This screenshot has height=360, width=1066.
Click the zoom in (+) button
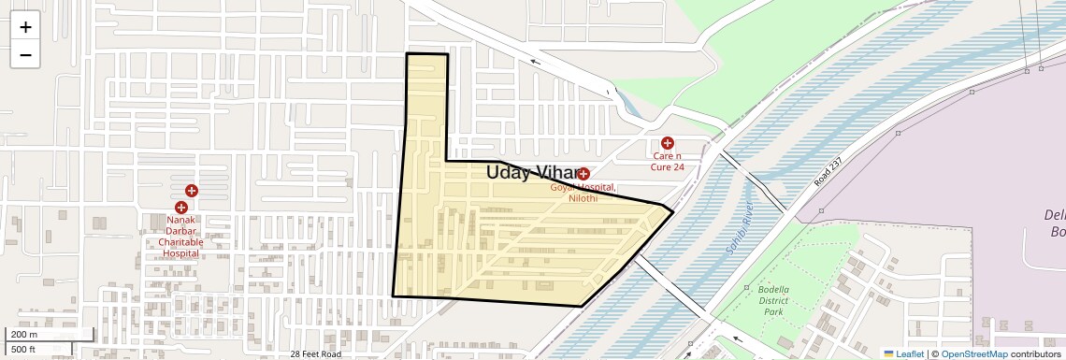[25, 27]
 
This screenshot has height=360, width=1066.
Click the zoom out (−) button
[25, 54]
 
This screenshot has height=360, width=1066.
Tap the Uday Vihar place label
[532, 172]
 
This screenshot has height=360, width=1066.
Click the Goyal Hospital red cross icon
[583, 174]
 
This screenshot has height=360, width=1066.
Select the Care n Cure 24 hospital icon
[668, 143]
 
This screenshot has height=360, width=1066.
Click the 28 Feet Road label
[315, 354]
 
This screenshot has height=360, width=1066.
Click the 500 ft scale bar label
[24, 349]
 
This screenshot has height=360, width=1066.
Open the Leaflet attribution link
[906, 354]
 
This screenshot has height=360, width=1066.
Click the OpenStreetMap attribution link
[973, 354]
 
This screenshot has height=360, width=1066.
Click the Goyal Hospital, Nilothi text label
[583, 194]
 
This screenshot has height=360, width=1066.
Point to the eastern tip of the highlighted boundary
[673, 211]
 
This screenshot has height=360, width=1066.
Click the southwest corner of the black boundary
[393, 296]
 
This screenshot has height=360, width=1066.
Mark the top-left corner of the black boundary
[407, 54]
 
